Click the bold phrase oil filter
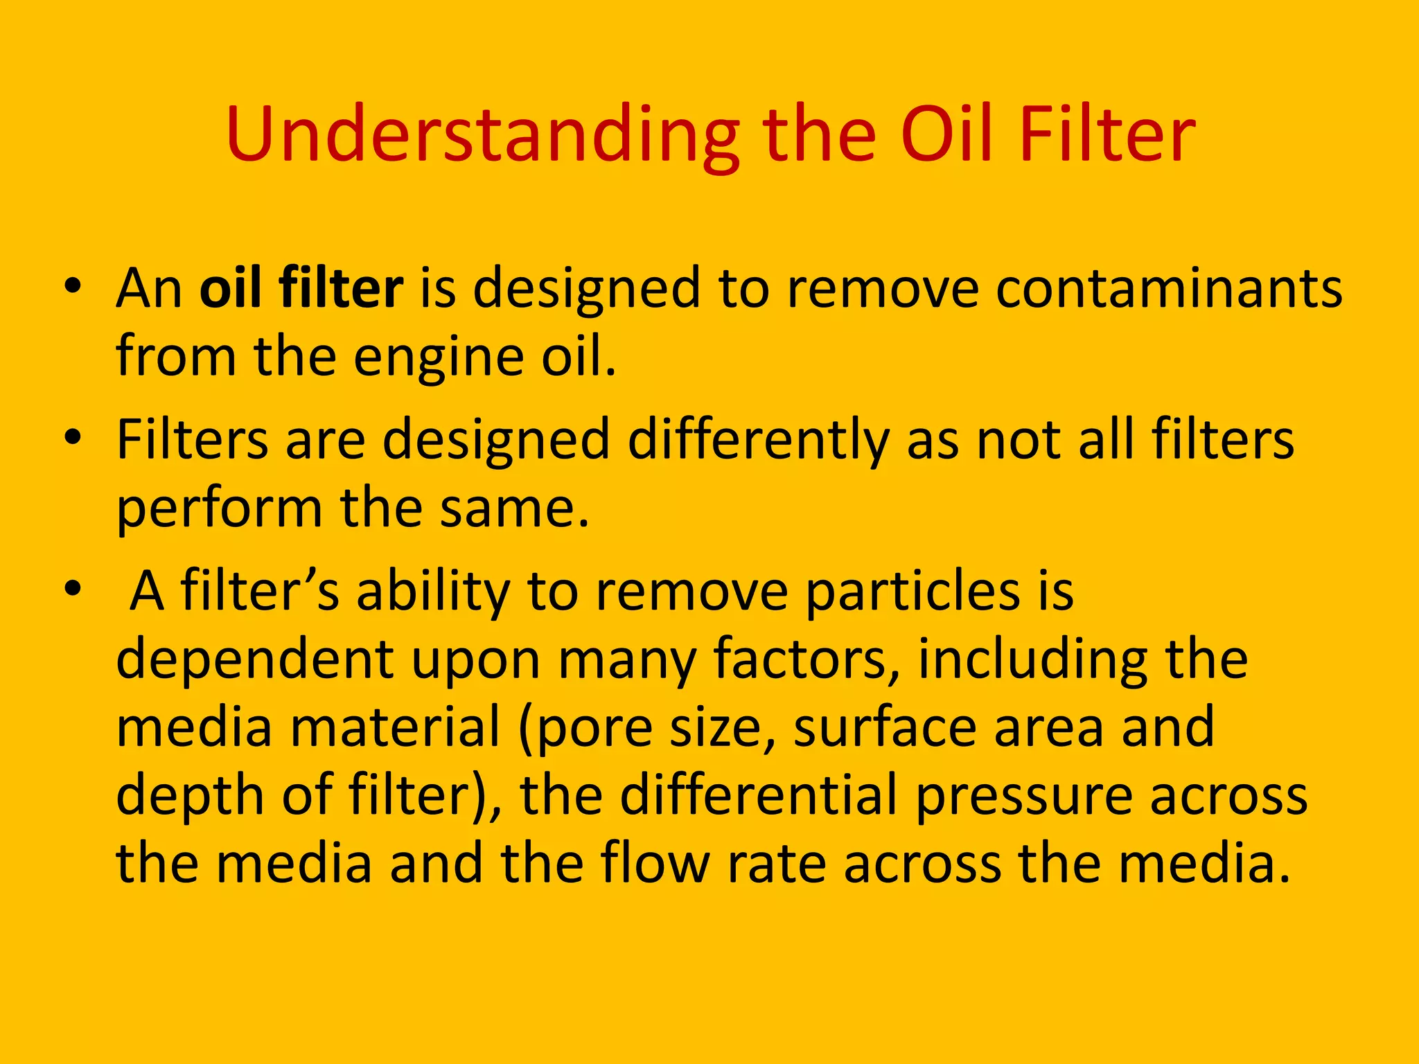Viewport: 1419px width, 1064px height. [301, 287]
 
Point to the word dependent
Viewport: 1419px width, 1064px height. [255, 659]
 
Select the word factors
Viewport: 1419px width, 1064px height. [808, 659]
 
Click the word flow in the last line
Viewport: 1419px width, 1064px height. [655, 863]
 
